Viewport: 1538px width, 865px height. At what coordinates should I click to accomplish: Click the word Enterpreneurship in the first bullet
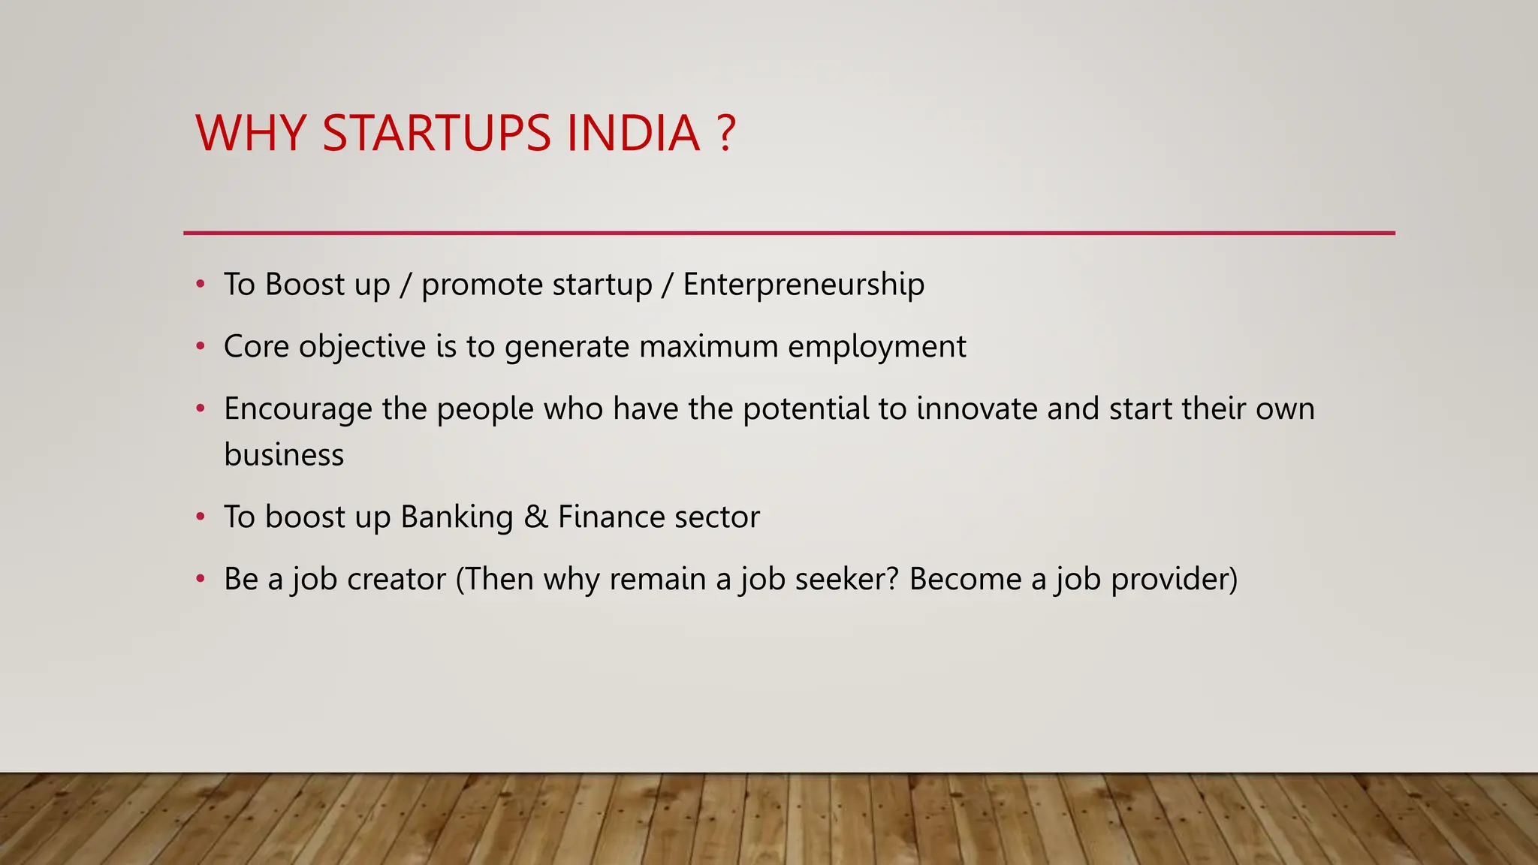click(x=804, y=285)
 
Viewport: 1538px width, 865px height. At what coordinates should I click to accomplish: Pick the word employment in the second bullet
click(x=876, y=347)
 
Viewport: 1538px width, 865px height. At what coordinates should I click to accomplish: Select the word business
click(x=284, y=455)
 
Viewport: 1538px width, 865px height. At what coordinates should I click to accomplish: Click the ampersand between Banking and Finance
click(x=535, y=517)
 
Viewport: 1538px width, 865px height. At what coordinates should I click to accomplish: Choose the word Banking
click(x=457, y=517)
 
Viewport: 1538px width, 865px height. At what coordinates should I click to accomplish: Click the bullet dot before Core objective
click(x=200, y=347)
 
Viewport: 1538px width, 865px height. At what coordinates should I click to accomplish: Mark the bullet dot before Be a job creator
click(x=200, y=580)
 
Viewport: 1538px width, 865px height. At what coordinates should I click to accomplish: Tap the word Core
click(x=256, y=347)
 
